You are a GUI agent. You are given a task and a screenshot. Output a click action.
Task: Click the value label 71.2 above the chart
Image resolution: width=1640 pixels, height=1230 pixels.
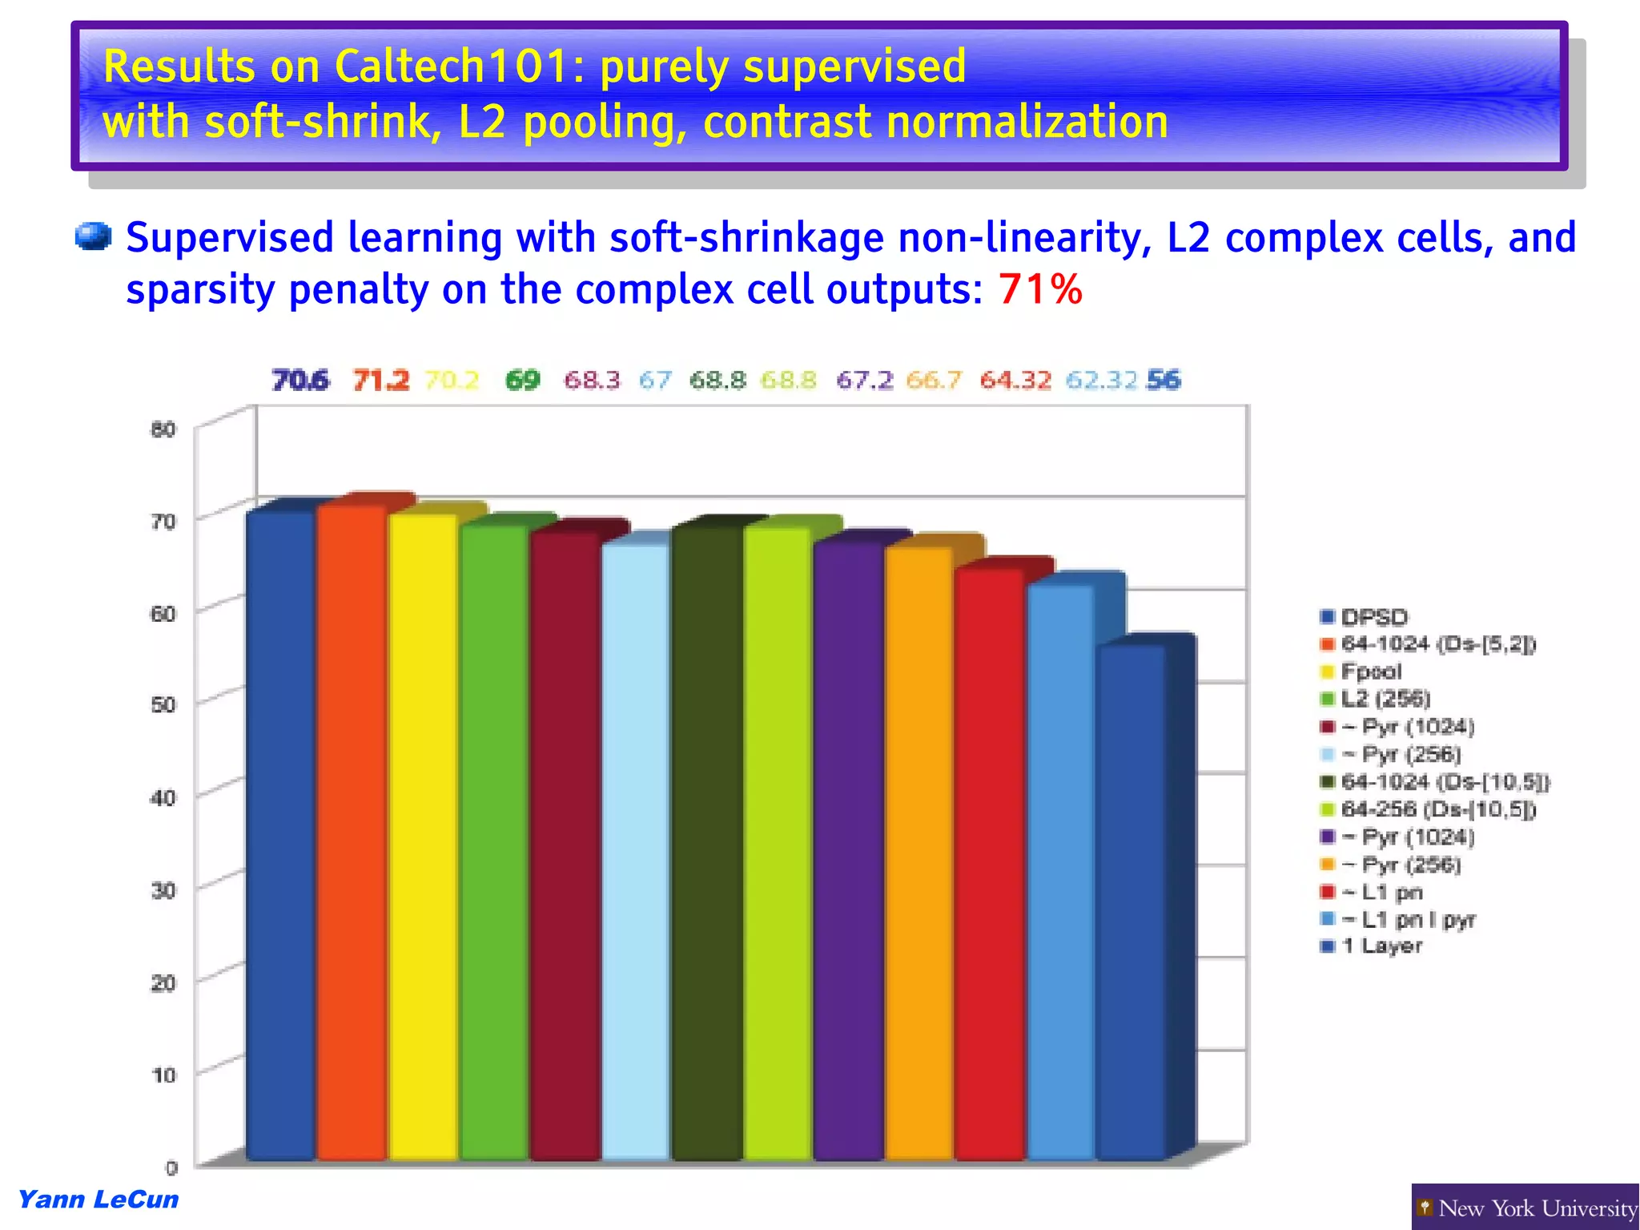tap(380, 380)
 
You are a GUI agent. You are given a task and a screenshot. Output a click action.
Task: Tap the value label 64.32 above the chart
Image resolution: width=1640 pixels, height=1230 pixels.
tap(1015, 380)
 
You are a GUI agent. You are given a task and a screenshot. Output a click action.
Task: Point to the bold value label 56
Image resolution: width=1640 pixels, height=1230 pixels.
tap(1164, 380)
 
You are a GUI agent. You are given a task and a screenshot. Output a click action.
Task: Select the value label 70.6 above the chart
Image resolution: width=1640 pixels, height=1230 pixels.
tap(300, 380)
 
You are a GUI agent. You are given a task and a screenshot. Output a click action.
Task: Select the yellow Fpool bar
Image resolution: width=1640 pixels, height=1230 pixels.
tap(423, 833)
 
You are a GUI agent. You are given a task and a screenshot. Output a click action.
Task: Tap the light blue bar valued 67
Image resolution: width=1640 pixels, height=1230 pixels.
tap(635, 849)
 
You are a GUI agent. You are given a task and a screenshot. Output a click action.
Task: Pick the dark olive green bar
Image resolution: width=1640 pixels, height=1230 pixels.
tap(707, 841)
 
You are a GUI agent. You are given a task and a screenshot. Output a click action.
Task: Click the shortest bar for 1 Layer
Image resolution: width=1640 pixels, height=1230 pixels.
tap(1131, 897)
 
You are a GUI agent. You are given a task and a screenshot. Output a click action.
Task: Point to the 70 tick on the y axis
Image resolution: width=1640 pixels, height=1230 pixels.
tap(163, 522)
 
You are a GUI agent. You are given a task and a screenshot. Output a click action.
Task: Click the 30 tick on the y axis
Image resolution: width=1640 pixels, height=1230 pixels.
tap(163, 890)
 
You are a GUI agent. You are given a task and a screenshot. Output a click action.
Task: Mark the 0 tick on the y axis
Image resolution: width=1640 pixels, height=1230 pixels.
tap(171, 1167)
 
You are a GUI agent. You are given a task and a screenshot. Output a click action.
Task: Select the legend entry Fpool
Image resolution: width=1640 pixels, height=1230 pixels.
tap(1371, 671)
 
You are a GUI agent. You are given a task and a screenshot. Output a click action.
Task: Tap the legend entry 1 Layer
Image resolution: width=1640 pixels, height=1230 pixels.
tap(1381, 946)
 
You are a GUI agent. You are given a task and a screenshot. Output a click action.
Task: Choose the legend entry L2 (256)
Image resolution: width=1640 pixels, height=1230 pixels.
tap(1385, 699)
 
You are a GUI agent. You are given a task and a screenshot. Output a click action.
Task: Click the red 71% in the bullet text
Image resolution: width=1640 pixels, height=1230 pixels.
tap(1040, 288)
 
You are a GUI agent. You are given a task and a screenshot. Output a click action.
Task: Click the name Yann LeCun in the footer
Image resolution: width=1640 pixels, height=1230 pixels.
tap(98, 1200)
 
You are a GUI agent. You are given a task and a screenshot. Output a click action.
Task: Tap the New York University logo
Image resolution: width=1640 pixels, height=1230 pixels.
tap(1525, 1208)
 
